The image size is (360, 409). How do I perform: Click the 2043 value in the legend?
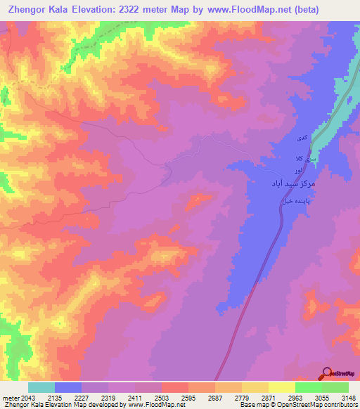(27, 398)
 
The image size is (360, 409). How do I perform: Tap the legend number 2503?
(161, 398)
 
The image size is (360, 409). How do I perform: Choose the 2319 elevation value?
(108, 398)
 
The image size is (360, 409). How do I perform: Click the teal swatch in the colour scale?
(41, 387)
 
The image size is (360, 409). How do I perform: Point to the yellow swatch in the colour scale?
(281, 387)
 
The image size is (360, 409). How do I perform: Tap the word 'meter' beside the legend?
(9, 398)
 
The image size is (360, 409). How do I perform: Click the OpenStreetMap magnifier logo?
(328, 372)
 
